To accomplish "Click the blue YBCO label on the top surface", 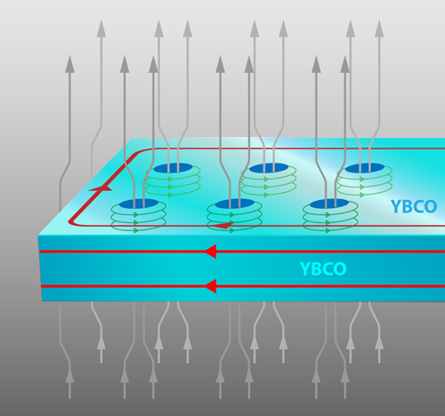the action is coord(414,206).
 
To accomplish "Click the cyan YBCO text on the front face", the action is coord(323,269).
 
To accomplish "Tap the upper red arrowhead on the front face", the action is coord(211,252).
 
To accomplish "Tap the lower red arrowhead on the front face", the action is coord(211,286).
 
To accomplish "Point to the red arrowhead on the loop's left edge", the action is coord(101,188).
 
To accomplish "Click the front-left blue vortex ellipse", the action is coord(139,204).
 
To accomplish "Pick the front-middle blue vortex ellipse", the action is coord(235,204).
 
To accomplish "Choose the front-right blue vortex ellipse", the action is coord(329,204).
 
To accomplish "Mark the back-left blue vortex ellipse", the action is coord(173,168).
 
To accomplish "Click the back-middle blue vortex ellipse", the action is coord(269,168).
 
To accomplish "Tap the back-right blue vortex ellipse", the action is coord(365,168).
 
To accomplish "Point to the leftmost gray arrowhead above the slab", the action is coord(69,64).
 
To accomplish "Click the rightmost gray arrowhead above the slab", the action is coord(379,28).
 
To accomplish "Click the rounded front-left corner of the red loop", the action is coord(72,221).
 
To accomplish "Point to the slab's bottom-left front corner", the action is coord(42,301).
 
